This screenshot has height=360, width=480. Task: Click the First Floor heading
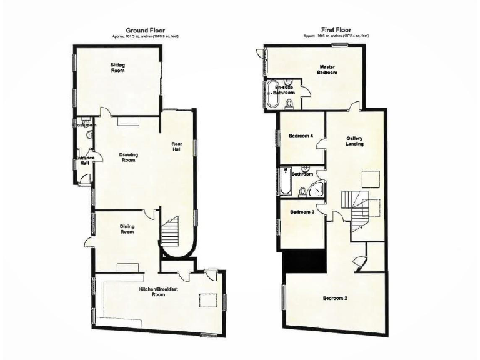click(336, 30)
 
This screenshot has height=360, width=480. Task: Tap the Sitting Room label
click(117, 67)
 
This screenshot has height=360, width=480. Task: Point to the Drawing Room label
click(128, 157)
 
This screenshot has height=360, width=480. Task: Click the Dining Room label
click(127, 229)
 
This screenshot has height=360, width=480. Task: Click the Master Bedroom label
click(328, 69)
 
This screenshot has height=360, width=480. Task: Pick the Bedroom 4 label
click(301, 136)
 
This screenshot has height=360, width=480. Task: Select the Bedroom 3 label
click(302, 212)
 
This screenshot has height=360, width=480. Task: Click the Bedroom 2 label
click(335, 298)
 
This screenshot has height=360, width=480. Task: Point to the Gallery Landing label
click(354, 141)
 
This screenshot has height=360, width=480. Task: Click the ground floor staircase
click(171, 232)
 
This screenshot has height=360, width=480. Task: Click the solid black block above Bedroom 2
click(304, 260)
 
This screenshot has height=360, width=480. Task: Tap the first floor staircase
click(354, 209)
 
